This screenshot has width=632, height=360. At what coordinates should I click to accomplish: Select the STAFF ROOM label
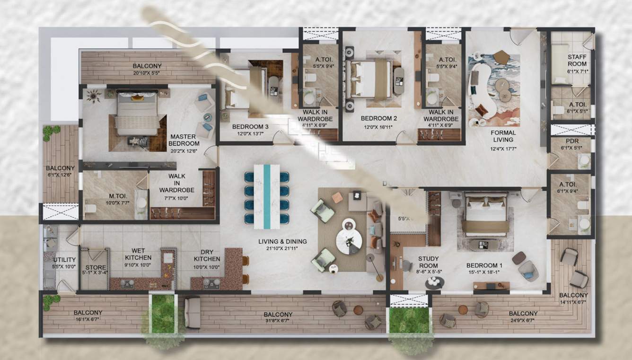click(577, 60)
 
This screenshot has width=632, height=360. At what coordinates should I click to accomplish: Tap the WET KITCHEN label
click(138, 254)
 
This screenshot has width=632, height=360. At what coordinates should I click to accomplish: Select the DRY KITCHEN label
click(207, 255)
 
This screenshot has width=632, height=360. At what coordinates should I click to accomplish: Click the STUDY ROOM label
click(428, 262)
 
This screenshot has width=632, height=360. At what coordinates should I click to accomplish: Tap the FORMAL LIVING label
click(503, 136)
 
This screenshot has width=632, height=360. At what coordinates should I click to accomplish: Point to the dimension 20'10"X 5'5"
click(147, 73)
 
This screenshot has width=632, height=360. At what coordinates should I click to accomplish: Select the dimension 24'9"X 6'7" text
click(523, 320)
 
